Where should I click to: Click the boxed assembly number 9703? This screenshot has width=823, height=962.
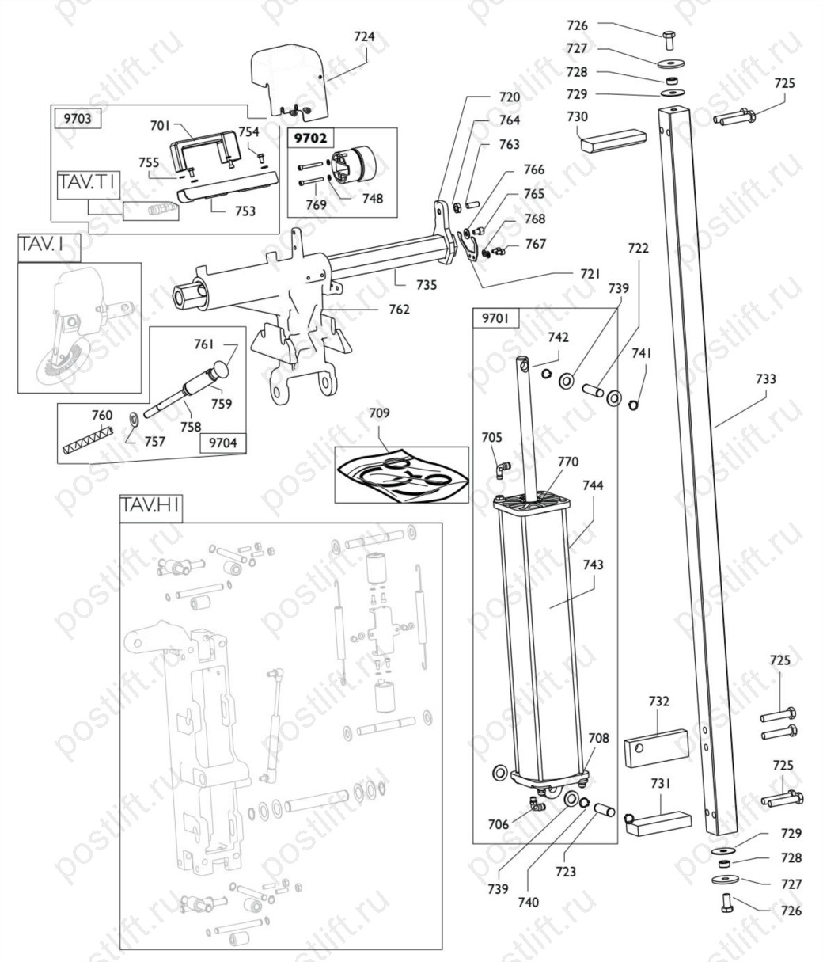pyautogui.click(x=78, y=118)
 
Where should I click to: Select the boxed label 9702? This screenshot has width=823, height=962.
pyautogui.click(x=311, y=139)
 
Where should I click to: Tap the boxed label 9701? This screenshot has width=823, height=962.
pyautogui.click(x=495, y=318)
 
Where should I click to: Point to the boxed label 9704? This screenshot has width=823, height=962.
pyautogui.click(x=223, y=443)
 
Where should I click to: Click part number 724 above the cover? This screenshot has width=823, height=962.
pyautogui.click(x=364, y=36)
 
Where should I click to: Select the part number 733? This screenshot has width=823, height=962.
pyautogui.click(x=765, y=378)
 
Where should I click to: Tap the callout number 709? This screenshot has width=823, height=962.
pyautogui.click(x=379, y=413)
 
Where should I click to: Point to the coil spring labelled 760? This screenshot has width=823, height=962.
pyautogui.click(x=88, y=439)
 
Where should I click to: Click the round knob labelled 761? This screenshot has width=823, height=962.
pyautogui.click(x=221, y=371)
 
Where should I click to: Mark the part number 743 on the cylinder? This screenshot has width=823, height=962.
pyautogui.click(x=594, y=565)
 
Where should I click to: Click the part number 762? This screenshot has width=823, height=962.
pyautogui.click(x=399, y=310)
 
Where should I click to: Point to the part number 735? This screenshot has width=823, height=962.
pyautogui.click(x=427, y=284)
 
